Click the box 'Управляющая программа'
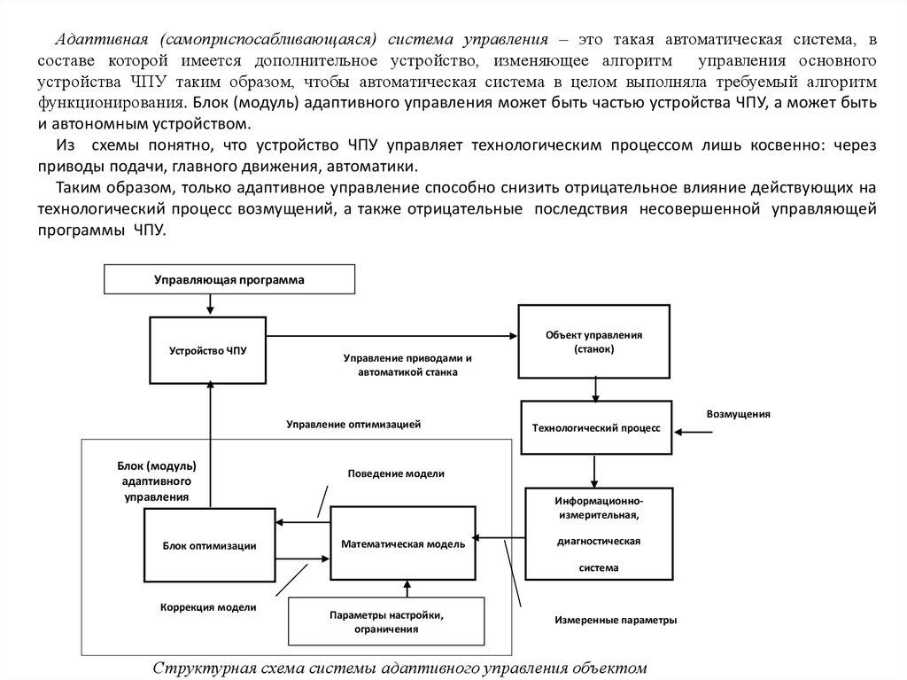point(229,280)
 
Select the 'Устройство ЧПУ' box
point(208,350)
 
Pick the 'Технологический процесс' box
point(595,427)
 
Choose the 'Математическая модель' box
point(403,543)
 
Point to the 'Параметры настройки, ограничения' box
point(386,621)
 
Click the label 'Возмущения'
point(738,414)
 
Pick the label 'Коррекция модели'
point(209,607)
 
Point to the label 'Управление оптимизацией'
point(353,424)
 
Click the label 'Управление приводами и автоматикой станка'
point(407,365)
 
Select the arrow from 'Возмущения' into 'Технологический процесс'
point(694,433)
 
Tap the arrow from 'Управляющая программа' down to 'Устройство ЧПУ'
point(210,304)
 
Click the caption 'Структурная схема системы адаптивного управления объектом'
point(401,668)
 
